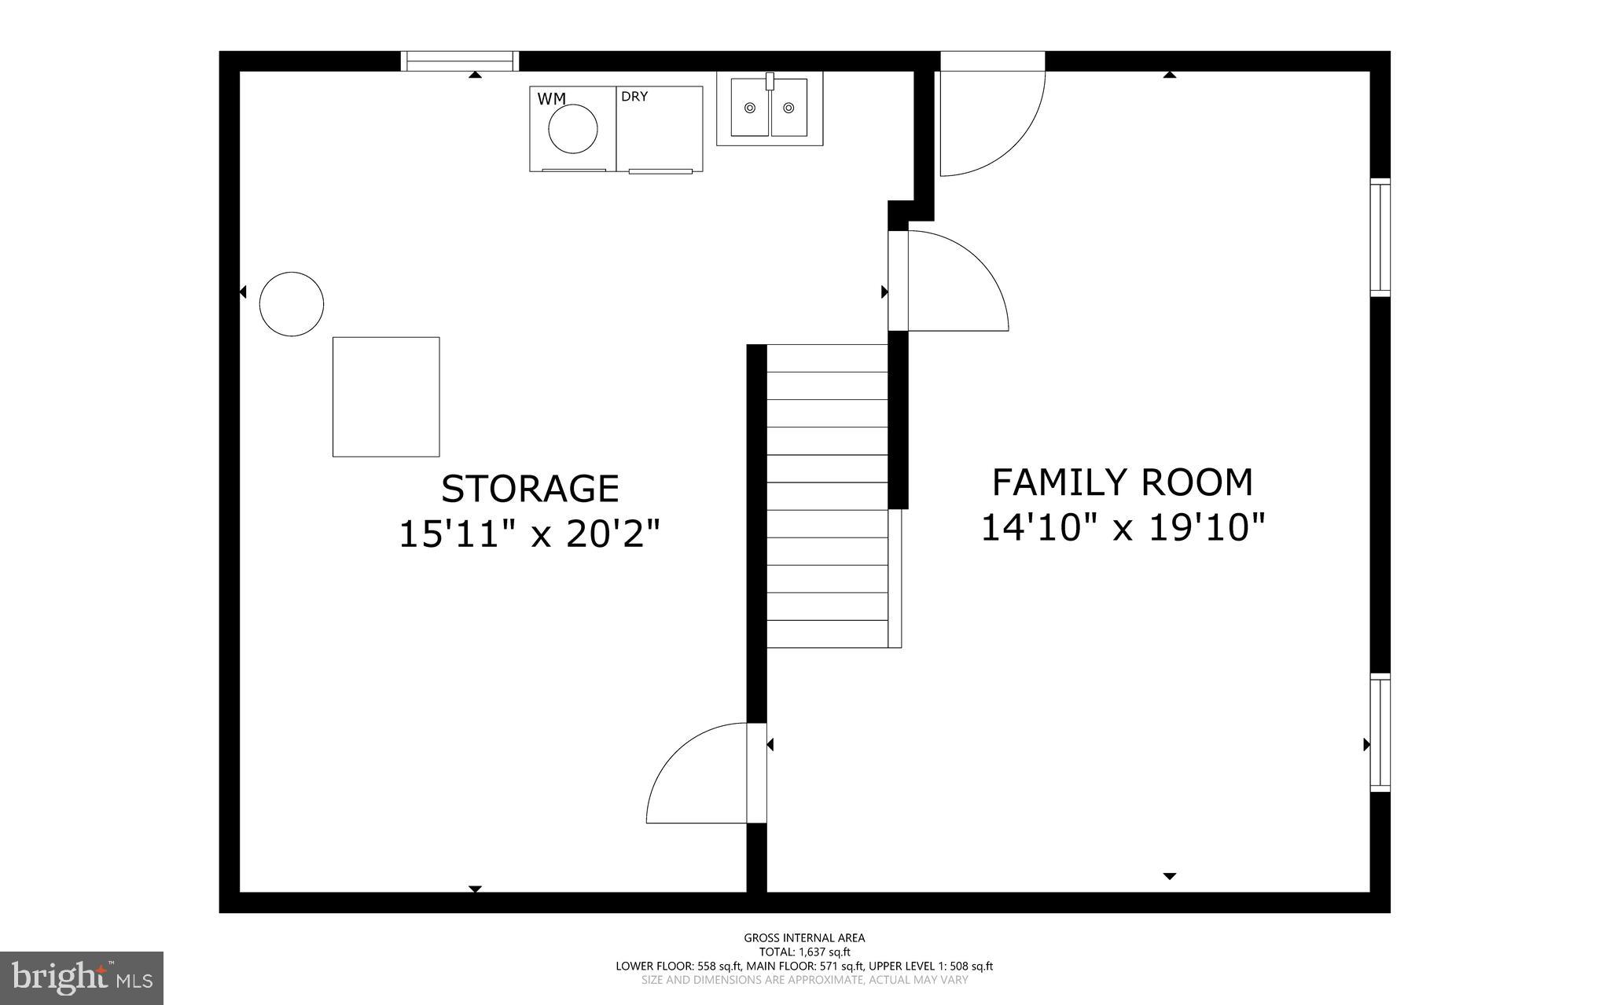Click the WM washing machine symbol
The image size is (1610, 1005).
572,129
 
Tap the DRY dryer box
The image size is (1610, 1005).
659,129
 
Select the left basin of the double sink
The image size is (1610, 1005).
750,107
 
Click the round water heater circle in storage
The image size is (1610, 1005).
292,304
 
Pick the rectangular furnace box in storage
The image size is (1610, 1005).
386,397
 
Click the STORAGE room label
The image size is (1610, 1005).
530,488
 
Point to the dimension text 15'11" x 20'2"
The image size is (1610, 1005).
529,534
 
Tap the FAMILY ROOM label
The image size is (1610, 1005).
1122,482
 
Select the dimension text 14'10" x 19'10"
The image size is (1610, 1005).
1123,527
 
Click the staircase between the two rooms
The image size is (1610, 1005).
827,495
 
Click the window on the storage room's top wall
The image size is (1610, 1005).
460,61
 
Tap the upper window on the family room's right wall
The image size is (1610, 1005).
1380,237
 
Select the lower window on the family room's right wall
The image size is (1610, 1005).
1380,732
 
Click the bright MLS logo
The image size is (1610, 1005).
82,977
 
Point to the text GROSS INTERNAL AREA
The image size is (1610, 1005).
804,937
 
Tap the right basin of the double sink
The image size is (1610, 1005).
788,107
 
